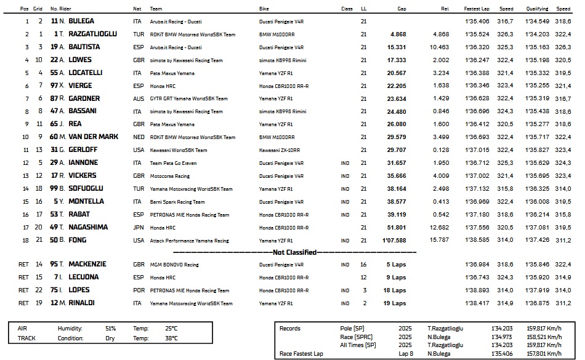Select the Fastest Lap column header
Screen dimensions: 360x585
[x=476, y=9]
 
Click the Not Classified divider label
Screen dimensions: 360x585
[x=294, y=252]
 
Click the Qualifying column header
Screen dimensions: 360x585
[x=537, y=9]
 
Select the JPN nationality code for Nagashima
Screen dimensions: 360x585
[x=138, y=227]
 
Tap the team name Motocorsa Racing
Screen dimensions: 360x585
[x=169, y=176]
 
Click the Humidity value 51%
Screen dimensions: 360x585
[x=110, y=329]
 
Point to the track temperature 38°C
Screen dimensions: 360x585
[x=171, y=338]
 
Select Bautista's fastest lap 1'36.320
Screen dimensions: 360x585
[x=477, y=47]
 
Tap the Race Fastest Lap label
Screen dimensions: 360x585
[x=302, y=354]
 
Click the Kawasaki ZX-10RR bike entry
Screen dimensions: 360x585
[x=280, y=150]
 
